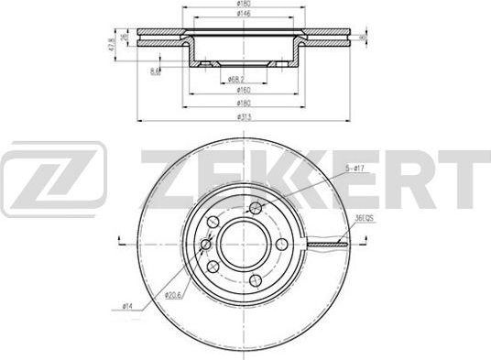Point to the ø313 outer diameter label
245,116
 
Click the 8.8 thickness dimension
158,70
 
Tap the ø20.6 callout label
173,295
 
